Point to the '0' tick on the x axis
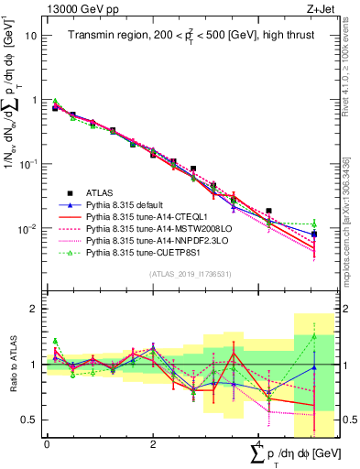pos(47,443)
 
